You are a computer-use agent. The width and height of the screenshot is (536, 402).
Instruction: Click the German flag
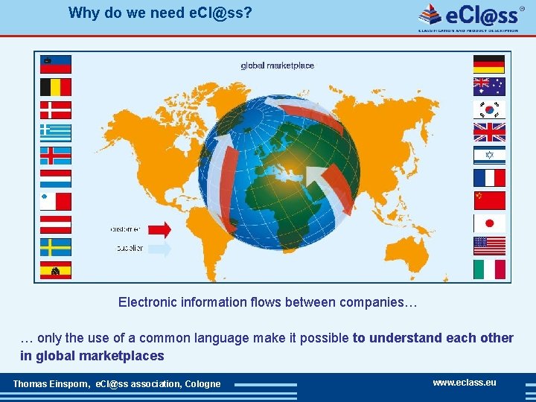click(489, 64)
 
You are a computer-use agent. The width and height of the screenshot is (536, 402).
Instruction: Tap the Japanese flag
click(489, 223)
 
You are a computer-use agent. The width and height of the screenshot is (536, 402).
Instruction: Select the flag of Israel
click(489, 155)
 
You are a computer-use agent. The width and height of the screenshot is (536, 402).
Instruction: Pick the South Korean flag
click(489, 109)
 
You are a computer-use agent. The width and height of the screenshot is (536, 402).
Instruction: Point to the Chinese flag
click(489, 200)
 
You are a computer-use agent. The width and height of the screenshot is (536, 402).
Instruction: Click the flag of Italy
click(489, 269)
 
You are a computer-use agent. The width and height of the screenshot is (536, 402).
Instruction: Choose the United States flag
click(489, 246)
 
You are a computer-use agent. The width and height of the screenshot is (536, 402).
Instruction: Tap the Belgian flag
click(56, 87)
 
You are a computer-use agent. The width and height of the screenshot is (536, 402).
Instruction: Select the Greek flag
click(56, 133)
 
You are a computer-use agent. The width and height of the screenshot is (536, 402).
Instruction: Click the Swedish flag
click(56, 246)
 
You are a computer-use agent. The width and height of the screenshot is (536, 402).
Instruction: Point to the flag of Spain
click(56, 269)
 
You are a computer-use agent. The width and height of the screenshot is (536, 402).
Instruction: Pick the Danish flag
click(56, 110)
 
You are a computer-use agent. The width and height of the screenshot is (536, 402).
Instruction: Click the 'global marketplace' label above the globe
click(277, 66)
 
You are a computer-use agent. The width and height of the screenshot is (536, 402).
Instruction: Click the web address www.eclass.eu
click(465, 383)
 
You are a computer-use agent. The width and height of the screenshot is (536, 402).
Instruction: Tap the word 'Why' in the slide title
click(81, 13)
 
